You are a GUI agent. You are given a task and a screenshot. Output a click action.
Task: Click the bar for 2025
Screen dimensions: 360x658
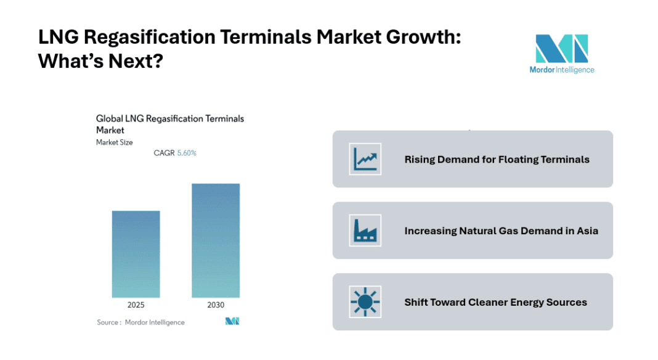[136, 254]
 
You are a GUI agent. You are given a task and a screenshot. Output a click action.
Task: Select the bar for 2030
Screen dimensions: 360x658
[216, 240]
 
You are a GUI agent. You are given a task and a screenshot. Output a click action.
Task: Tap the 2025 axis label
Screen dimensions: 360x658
[136, 305]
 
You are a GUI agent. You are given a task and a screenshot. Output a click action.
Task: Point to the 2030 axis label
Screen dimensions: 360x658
[216, 305]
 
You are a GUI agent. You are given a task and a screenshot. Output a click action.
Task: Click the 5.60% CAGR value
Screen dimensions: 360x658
[187, 153]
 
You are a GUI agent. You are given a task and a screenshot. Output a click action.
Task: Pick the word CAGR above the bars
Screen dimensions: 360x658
[164, 153]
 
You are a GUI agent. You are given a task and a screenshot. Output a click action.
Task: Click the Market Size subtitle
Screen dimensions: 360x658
[114, 142]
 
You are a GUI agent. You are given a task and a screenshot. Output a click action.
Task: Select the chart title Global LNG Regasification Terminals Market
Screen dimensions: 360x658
[170, 124]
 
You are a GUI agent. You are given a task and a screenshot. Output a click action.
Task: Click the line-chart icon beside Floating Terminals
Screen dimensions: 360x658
[365, 159]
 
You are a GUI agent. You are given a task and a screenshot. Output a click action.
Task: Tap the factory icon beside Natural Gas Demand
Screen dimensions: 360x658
[365, 231]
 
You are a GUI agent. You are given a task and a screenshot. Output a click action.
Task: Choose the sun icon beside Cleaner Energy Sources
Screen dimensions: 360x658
[365, 302]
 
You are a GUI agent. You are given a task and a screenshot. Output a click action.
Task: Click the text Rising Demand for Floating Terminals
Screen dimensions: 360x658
[497, 160]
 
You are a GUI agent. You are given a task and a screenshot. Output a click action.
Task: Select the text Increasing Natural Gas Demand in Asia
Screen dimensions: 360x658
[501, 231]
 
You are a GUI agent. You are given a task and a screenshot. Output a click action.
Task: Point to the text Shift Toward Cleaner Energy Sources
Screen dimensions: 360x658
[495, 303]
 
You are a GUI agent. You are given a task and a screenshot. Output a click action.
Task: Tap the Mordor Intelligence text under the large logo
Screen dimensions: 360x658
[561, 70]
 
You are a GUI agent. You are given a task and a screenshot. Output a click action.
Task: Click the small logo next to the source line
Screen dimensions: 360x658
[232, 321]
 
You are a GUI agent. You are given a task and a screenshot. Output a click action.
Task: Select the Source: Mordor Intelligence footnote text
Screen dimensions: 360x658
[140, 322]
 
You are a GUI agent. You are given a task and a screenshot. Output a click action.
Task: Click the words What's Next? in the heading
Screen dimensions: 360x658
[100, 62]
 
